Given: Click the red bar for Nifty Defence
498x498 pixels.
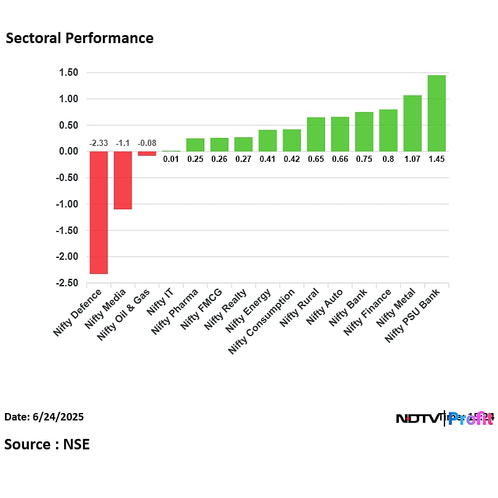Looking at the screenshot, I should pyautogui.click(x=98, y=212).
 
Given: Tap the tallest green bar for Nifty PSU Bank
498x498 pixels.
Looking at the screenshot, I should pyautogui.click(x=436, y=113).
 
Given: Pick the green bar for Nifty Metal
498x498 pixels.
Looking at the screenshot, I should pyautogui.click(x=412, y=123).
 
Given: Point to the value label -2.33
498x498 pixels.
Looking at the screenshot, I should pyautogui.click(x=98, y=143).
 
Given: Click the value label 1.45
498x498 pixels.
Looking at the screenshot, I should pyautogui.click(x=436, y=159).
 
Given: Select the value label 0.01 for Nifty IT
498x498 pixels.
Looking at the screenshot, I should pyautogui.click(x=171, y=159).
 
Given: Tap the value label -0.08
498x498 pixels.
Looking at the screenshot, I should pyautogui.click(x=147, y=143).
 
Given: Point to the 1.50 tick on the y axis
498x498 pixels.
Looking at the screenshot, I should pyautogui.click(x=68, y=73).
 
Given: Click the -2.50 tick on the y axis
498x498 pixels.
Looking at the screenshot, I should pyautogui.click(x=67, y=283).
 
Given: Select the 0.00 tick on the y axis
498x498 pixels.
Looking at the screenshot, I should pyautogui.click(x=68, y=151).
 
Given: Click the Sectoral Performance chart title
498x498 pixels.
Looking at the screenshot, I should pyautogui.click(x=79, y=38).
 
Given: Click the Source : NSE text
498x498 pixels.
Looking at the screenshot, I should pyautogui.click(x=47, y=444).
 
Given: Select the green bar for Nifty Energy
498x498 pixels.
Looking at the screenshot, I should pyautogui.click(x=268, y=140).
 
